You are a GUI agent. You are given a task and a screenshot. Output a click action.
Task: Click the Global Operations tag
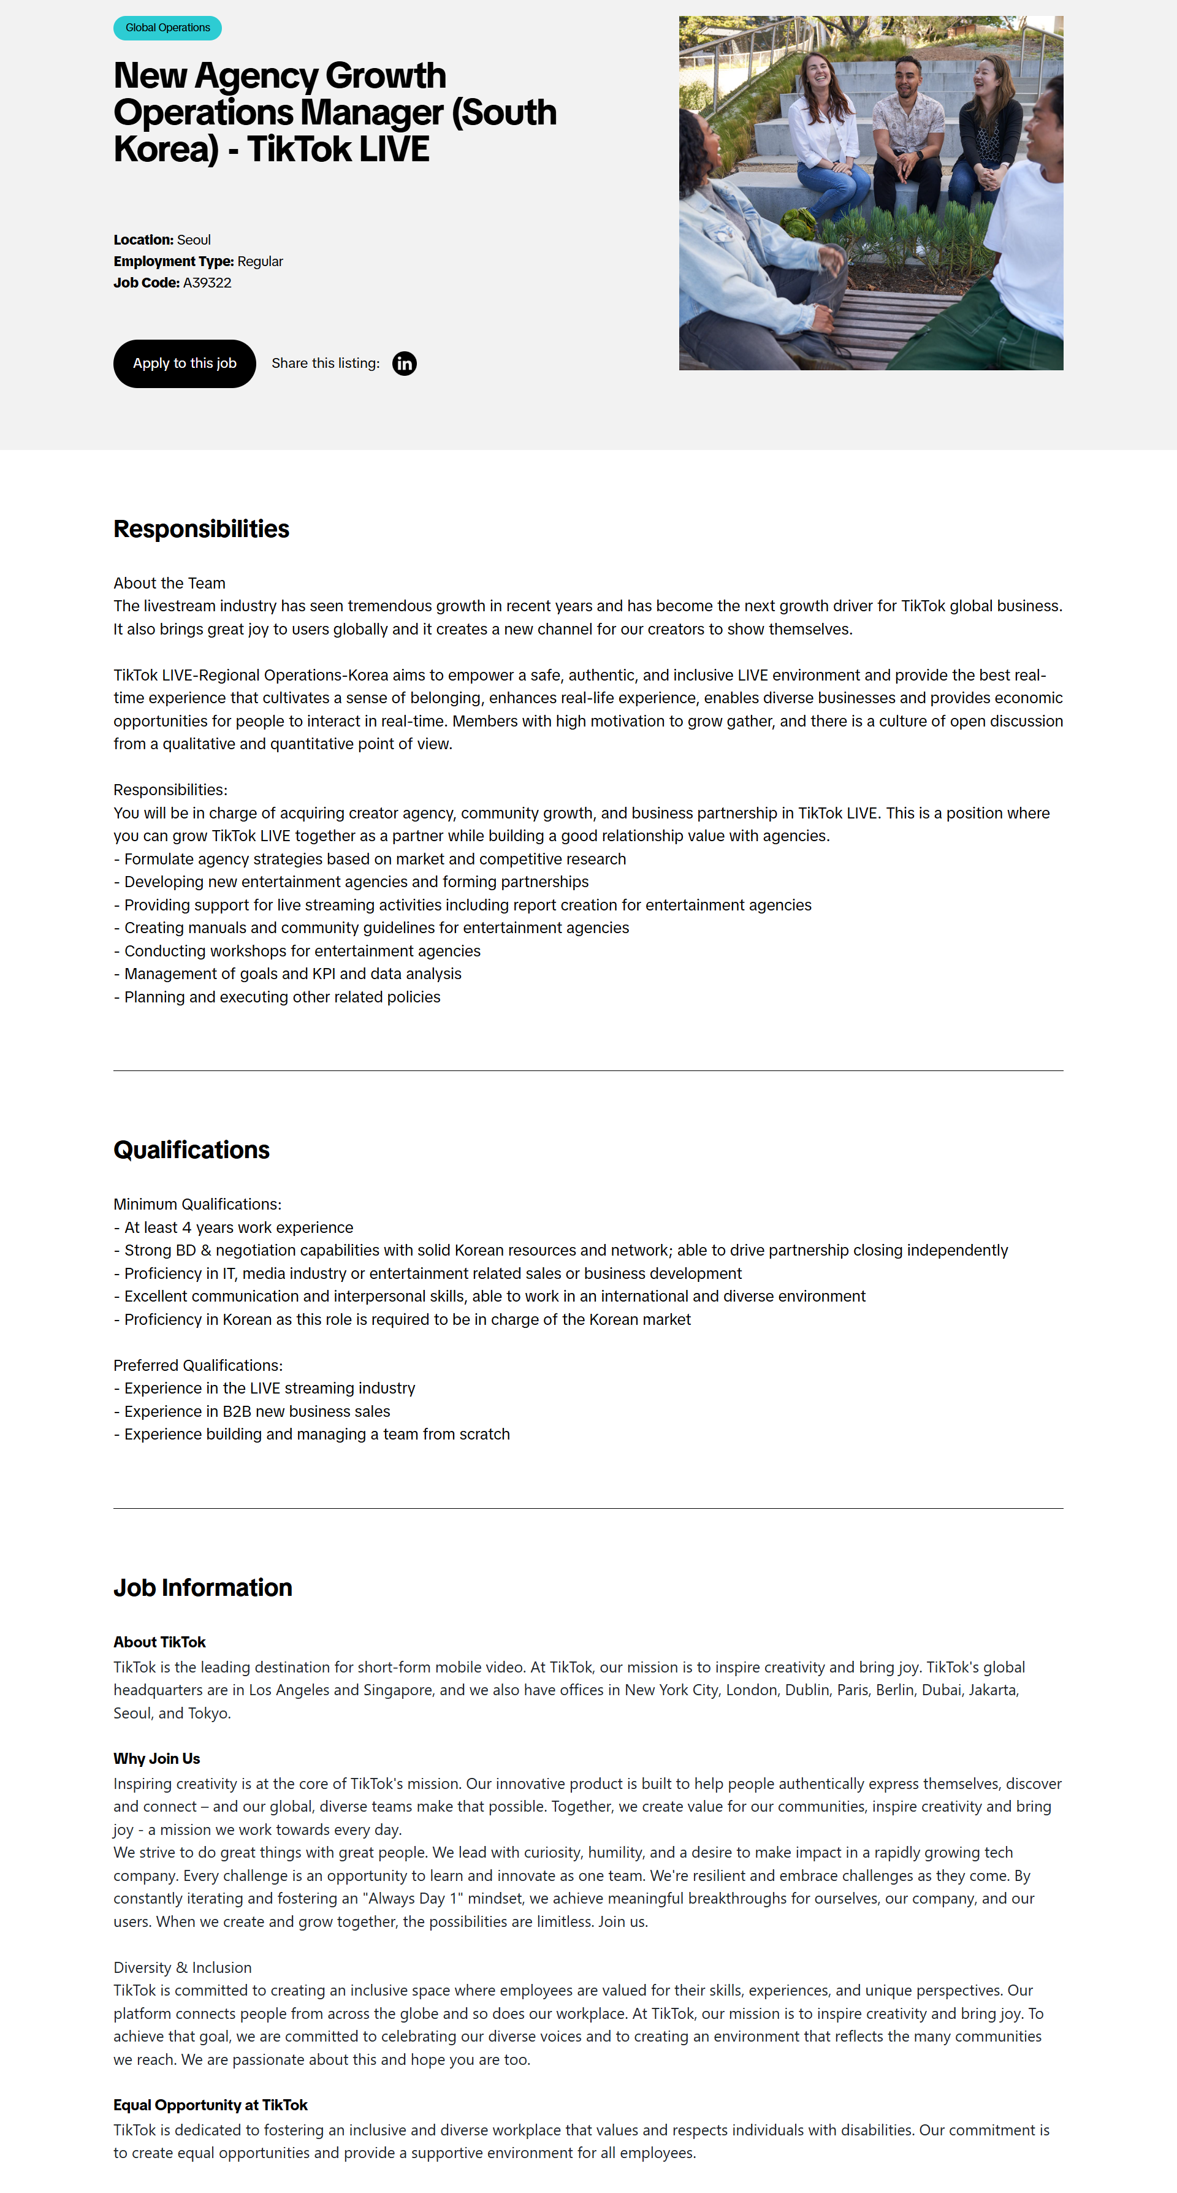point(167,28)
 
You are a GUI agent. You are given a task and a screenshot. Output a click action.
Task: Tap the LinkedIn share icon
point(404,364)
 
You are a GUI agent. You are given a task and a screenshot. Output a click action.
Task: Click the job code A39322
point(207,283)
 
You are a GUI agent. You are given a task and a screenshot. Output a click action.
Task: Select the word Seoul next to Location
point(194,240)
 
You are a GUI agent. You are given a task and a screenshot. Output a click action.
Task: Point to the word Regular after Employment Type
point(261,261)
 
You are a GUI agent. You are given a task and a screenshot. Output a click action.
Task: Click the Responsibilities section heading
point(202,530)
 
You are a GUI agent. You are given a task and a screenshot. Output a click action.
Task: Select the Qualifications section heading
point(191,1150)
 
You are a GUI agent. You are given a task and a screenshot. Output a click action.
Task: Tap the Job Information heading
point(202,1588)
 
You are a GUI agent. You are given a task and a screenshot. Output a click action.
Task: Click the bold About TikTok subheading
point(160,1642)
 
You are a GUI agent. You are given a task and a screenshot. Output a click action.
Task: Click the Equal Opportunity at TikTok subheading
point(210,2105)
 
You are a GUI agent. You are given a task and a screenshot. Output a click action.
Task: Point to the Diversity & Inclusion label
point(182,1967)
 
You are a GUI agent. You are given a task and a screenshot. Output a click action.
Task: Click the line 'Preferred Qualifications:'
point(198,1365)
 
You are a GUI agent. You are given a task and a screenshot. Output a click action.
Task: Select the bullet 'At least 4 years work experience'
point(238,1227)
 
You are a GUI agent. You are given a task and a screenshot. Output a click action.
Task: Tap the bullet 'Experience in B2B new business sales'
point(257,1411)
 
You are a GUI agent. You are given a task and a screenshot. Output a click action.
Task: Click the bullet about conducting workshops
point(302,951)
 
